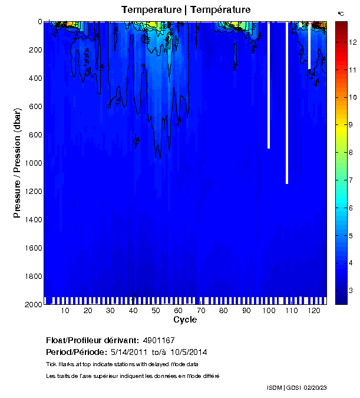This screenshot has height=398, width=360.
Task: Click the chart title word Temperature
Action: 149,10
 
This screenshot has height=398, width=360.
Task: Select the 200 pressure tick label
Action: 34,50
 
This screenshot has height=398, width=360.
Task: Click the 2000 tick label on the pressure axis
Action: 31,305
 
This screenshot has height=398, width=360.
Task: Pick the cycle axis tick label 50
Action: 156,311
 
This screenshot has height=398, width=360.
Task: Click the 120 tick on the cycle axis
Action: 314,311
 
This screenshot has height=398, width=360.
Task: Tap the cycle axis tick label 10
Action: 65,311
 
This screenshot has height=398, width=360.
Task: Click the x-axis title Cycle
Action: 185,320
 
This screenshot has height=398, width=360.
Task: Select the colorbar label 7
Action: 351,180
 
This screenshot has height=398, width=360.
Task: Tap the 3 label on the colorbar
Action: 351,290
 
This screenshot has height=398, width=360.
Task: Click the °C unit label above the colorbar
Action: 341,12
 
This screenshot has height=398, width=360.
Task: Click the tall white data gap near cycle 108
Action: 287,103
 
